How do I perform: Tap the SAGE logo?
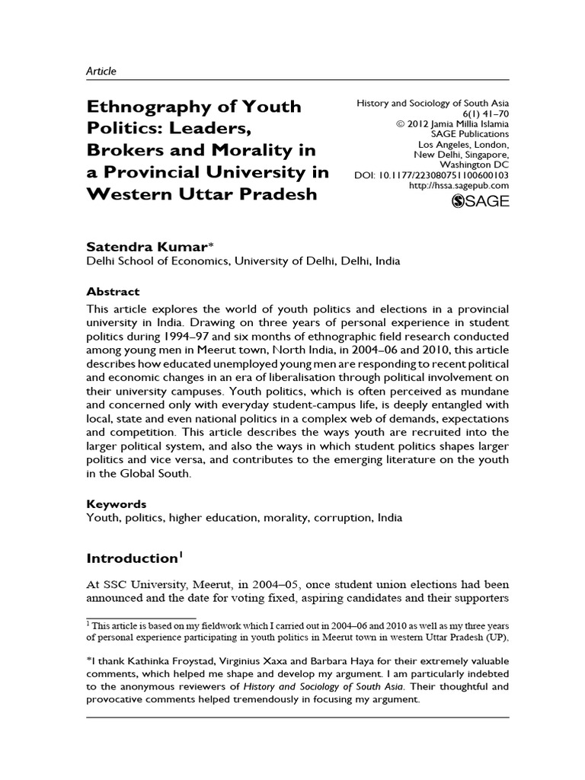pyautogui.click(x=481, y=201)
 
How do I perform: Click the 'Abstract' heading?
pyautogui.click(x=113, y=291)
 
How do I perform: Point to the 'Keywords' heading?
pyautogui.click(x=116, y=503)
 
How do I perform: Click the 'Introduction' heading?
pyautogui.click(x=131, y=558)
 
